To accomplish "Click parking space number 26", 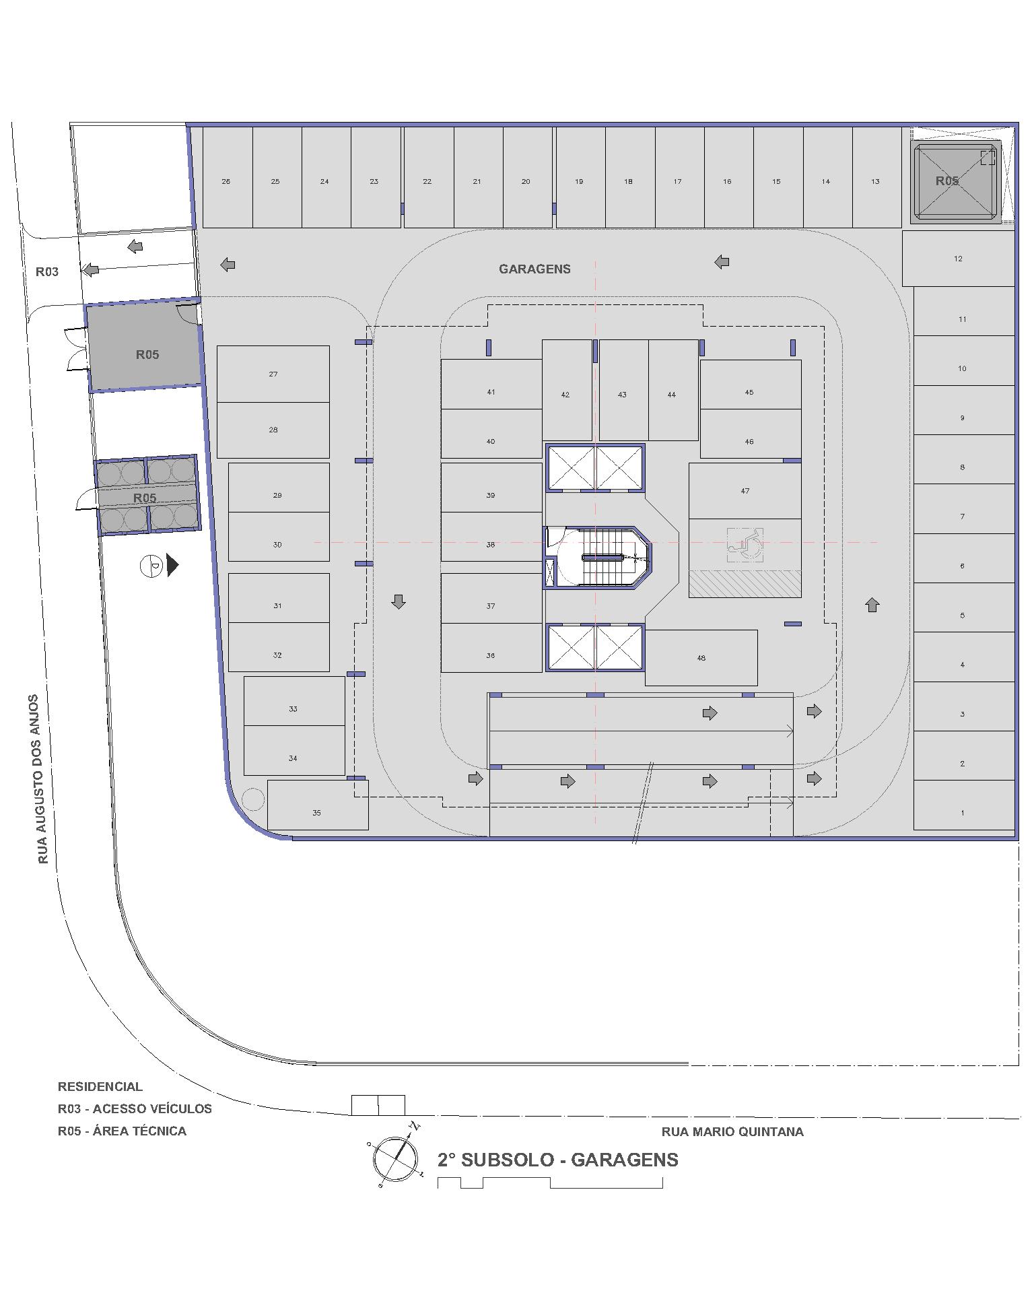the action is pyautogui.click(x=228, y=178).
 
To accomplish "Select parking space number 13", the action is pyautogui.click(x=876, y=178).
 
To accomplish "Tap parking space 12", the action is pyautogui.click(x=958, y=259).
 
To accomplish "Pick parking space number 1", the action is pyautogui.click(x=963, y=805).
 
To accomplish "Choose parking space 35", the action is pyautogui.click(x=318, y=805).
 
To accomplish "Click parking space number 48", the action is pyautogui.click(x=701, y=658).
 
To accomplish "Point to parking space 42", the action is pyautogui.click(x=567, y=391).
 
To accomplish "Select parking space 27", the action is pyautogui.click(x=273, y=374).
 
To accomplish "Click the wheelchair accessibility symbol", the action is pyautogui.click(x=745, y=545).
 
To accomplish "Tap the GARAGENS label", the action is pyautogui.click(x=535, y=269).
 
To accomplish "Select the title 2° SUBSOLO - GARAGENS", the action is pyautogui.click(x=558, y=1160).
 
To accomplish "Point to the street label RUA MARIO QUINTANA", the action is pyautogui.click(x=732, y=1132).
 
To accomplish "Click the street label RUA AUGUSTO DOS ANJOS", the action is pyautogui.click(x=42, y=779).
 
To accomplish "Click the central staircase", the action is pyautogui.click(x=598, y=556).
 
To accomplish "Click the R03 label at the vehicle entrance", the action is pyautogui.click(x=47, y=272).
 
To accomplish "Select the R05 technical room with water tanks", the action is pyautogui.click(x=147, y=496).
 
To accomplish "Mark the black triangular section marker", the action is pyautogui.click(x=173, y=565).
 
